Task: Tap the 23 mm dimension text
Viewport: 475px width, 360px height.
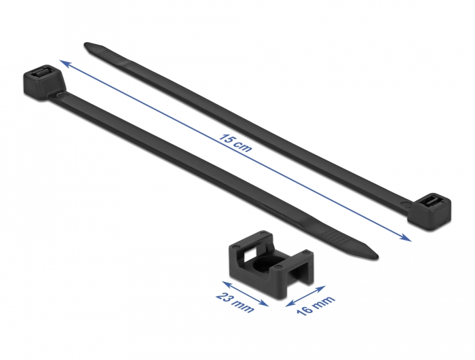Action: (235, 303)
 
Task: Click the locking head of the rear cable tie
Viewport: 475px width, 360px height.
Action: (429, 211)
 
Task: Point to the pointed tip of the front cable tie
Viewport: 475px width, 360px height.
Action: (378, 257)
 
